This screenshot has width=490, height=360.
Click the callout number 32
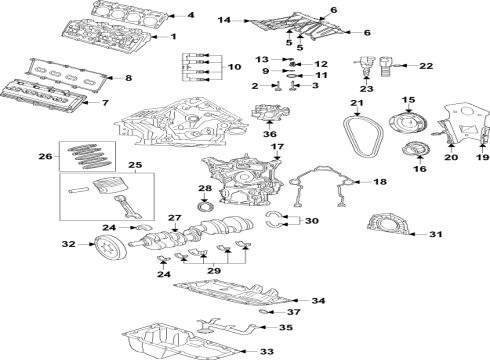point(68,243)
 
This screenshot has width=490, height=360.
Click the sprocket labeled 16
point(408,156)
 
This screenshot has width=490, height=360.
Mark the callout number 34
point(319,301)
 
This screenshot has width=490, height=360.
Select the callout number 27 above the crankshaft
point(173,218)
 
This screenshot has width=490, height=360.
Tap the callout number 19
point(482,157)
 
